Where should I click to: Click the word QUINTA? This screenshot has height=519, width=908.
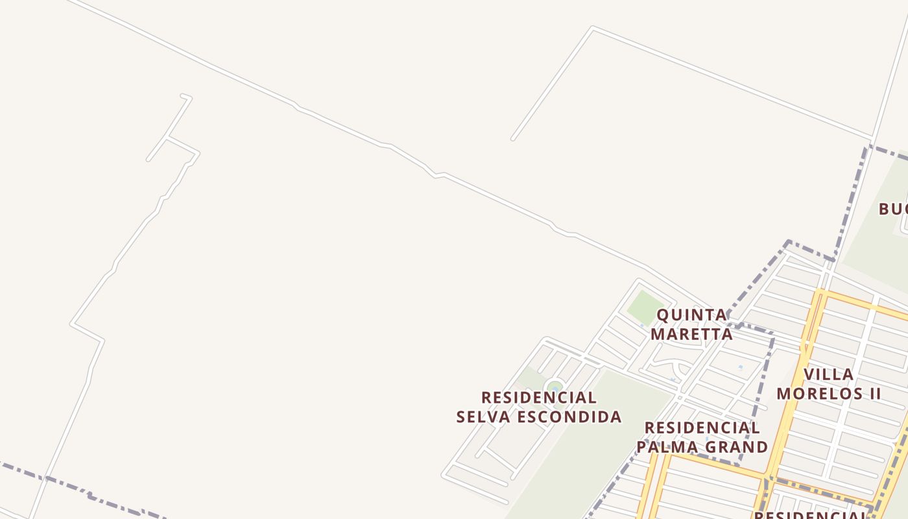click(691, 315)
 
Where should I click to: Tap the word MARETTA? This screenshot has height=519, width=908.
click(691, 334)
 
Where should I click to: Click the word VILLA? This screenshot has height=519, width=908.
click(828, 374)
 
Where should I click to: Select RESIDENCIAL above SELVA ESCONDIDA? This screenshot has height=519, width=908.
click(539, 397)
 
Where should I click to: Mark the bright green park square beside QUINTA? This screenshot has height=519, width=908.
click(645, 307)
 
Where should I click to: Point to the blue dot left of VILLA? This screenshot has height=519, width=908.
click(741, 367)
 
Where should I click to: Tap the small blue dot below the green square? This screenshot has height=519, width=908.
click(642, 326)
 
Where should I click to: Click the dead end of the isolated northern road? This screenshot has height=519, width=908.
click(513, 138)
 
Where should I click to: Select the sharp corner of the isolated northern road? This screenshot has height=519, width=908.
click(593, 28)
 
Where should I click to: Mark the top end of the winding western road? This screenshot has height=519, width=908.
click(182, 96)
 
